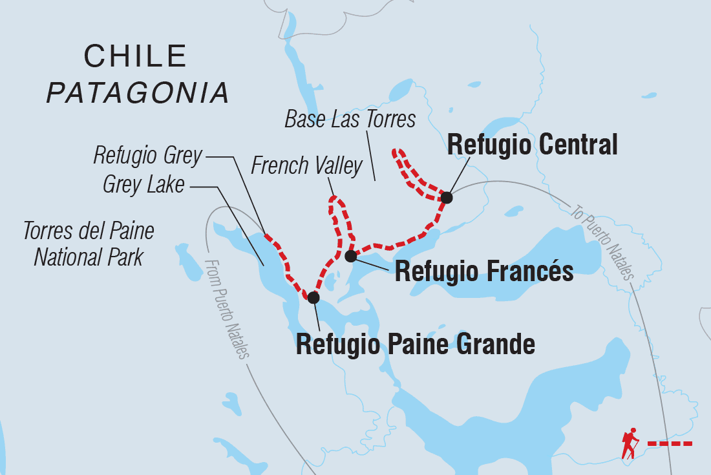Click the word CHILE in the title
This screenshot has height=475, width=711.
point(135,57)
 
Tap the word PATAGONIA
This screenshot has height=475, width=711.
point(138,93)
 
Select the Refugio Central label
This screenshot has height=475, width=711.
point(532,145)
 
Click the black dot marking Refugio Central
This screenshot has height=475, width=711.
point(446,198)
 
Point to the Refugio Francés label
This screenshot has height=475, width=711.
point(483,271)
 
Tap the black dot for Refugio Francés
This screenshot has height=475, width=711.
point(350,257)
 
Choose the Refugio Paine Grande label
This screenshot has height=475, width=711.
point(415,344)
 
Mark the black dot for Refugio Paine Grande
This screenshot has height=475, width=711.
point(313,297)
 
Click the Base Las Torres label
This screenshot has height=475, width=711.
point(350,120)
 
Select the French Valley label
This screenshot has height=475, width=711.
point(306,166)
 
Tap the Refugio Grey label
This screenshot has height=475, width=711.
point(147,155)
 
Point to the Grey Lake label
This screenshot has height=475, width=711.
point(143,185)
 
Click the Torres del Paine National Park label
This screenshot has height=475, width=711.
point(89,244)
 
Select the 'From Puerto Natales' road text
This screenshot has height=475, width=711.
point(226,309)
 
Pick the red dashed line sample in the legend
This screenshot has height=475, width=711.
point(669,443)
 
